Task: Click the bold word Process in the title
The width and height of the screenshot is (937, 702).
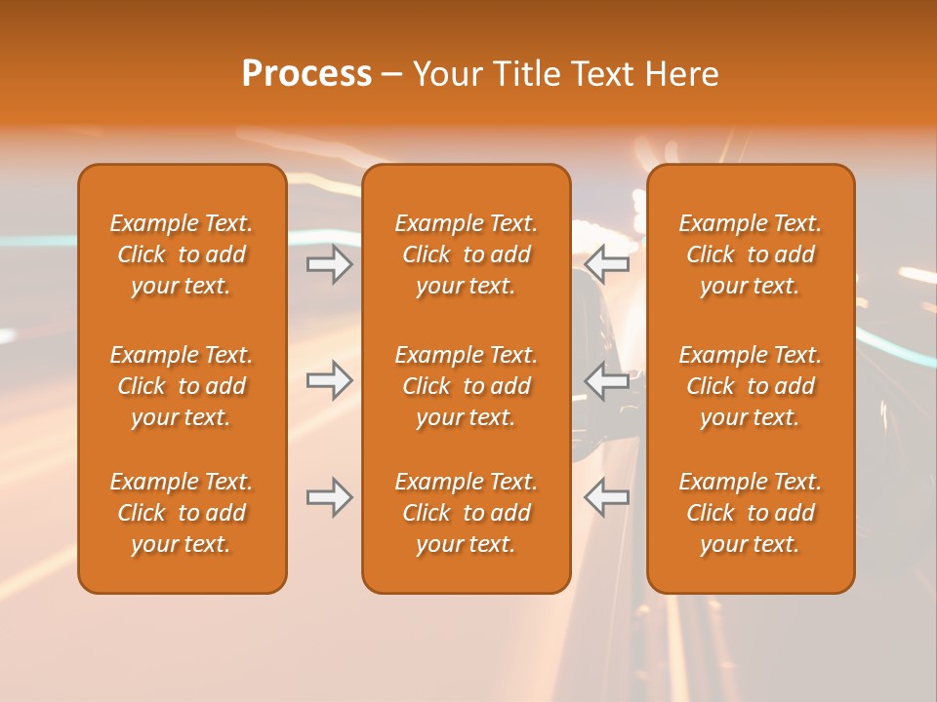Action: (306, 74)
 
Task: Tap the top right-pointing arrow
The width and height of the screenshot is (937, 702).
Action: (330, 264)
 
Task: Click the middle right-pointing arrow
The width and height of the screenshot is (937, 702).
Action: (330, 380)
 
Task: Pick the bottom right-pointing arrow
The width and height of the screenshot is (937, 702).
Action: (330, 497)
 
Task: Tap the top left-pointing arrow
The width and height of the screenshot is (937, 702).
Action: (607, 264)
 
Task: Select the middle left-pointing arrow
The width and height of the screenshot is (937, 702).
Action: (607, 380)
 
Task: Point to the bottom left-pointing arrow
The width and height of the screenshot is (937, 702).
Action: (607, 497)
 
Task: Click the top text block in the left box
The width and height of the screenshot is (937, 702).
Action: (182, 254)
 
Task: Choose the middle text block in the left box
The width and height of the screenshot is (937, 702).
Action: (182, 386)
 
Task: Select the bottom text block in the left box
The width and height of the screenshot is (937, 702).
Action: (182, 513)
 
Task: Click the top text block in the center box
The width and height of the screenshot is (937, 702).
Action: (466, 254)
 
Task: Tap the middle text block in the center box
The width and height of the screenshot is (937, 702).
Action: (466, 386)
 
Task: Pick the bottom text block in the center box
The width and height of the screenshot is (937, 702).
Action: (466, 513)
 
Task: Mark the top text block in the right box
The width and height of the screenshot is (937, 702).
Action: (750, 254)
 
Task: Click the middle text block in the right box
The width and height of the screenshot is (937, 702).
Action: (750, 386)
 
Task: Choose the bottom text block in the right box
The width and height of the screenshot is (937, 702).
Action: (750, 513)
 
